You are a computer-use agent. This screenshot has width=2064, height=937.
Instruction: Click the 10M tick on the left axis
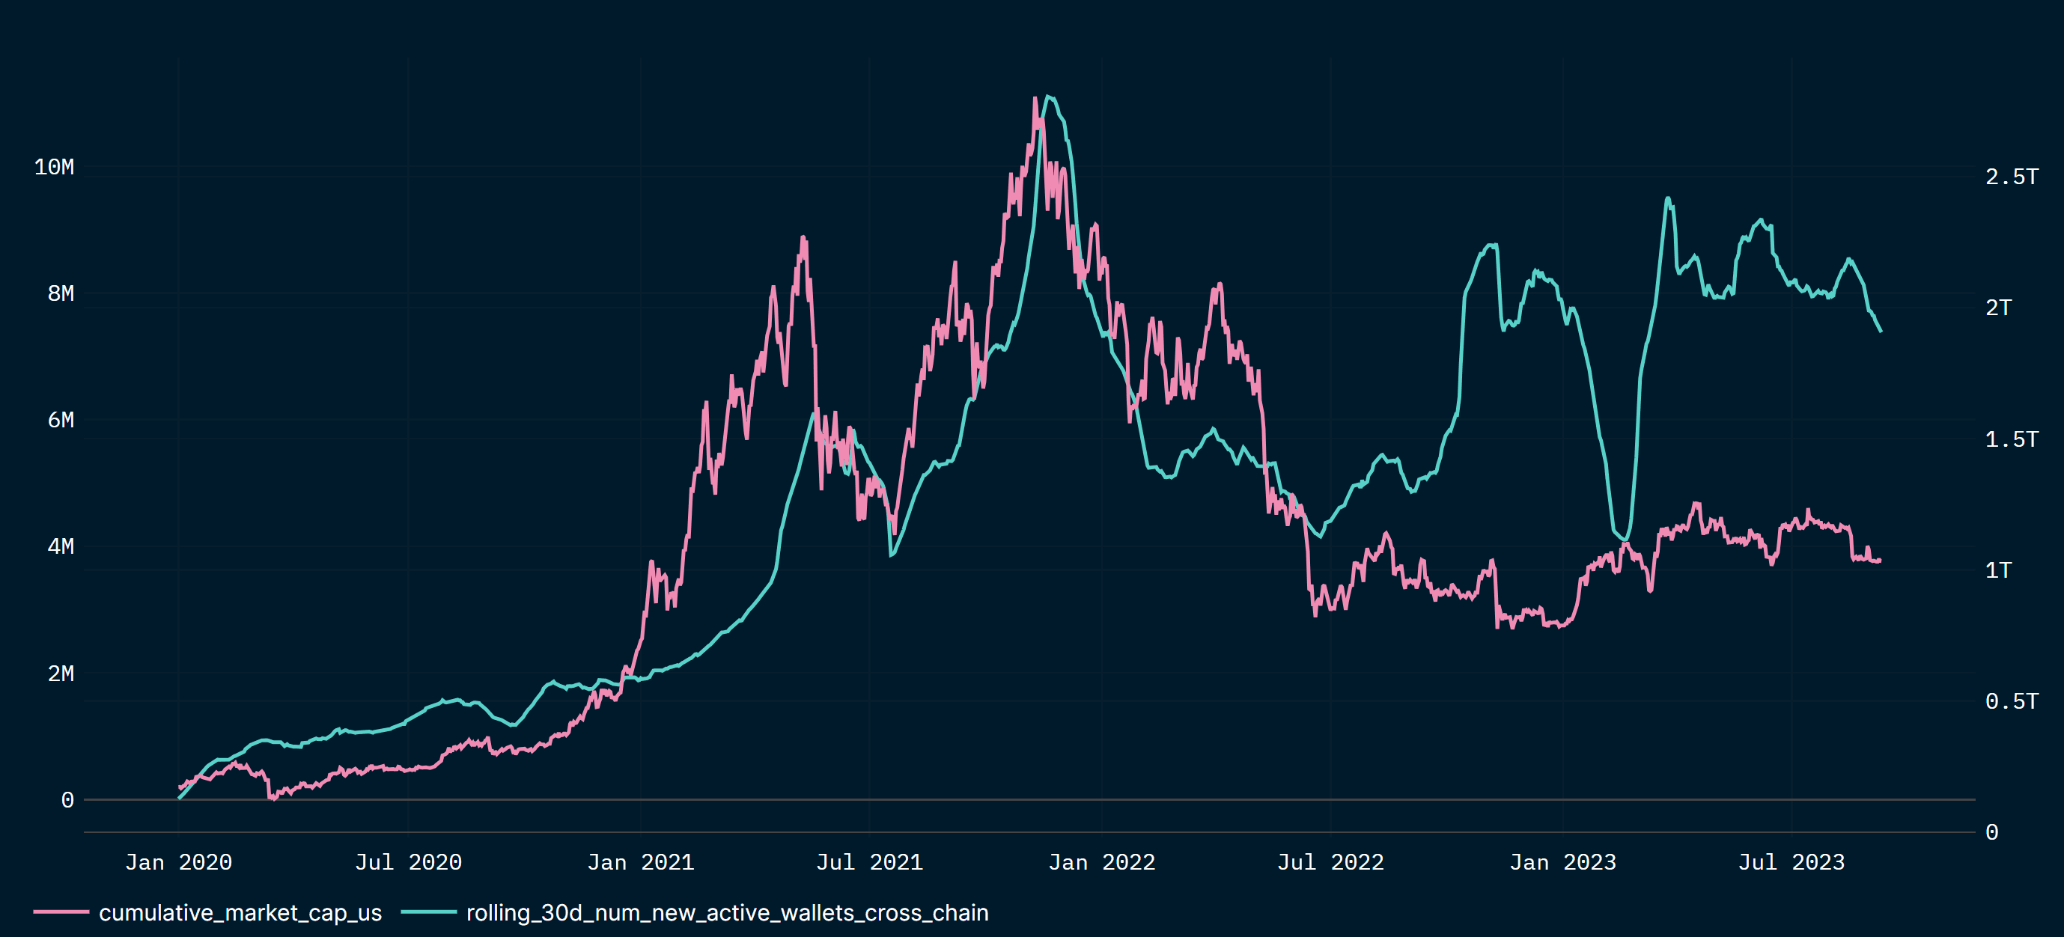tap(54, 167)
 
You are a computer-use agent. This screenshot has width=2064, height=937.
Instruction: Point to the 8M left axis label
tap(60, 293)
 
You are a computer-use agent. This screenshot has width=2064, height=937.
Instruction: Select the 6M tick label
tap(60, 420)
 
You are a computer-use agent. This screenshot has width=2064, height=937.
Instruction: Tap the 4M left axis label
tap(60, 546)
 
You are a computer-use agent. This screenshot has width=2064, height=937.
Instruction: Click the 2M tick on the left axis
tap(60, 674)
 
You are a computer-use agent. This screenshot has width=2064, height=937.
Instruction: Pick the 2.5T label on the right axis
tap(2011, 176)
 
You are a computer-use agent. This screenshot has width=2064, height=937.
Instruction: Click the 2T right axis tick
tap(1998, 308)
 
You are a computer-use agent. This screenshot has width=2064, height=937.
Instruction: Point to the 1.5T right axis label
tap(2011, 439)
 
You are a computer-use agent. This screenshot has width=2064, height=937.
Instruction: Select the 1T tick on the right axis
tap(1998, 570)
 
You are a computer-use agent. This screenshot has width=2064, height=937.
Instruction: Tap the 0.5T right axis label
tap(2011, 701)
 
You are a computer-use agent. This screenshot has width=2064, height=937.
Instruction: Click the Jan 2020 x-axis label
tap(179, 862)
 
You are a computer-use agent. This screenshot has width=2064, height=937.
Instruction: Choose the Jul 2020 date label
tap(409, 862)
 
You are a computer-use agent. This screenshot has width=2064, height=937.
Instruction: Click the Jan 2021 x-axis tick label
tap(640, 862)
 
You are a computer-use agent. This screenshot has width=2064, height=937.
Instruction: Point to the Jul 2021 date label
tap(869, 862)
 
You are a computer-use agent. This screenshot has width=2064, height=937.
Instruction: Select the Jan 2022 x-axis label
tap(1102, 862)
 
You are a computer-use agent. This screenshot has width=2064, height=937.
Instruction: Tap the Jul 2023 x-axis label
tap(1791, 862)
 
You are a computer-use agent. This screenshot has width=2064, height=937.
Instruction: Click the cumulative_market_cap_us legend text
tap(240, 913)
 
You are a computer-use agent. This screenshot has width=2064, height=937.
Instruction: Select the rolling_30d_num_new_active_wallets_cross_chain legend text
tap(728, 913)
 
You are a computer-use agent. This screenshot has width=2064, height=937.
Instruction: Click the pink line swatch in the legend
tap(61, 912)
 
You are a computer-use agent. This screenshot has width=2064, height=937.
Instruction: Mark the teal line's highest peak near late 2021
tap(1048, 97)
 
